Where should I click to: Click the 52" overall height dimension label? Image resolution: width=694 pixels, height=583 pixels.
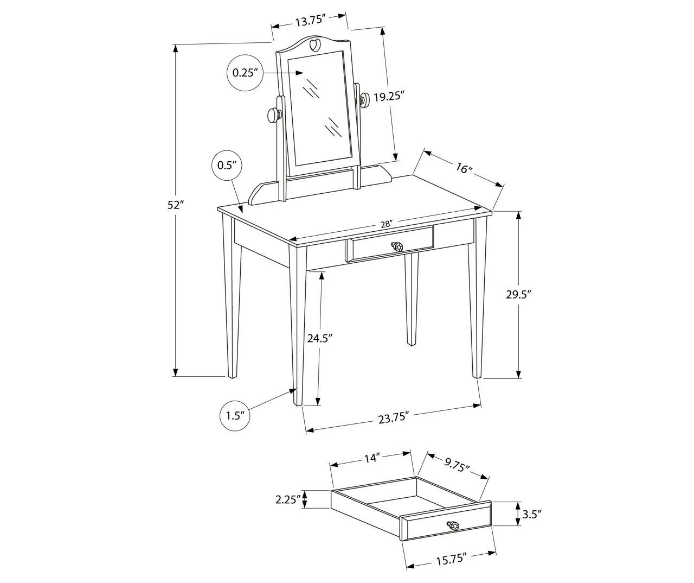(x=176, y=205)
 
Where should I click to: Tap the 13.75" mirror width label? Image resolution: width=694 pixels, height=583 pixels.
(x=310, y=21)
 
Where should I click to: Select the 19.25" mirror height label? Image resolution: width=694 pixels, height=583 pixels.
(x=389, y=97)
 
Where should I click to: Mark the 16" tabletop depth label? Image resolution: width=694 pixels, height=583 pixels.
(x=464, y=168)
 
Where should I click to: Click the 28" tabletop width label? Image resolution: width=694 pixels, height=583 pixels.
(x=387, y=223)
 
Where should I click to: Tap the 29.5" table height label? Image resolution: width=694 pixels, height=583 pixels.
(x=518, y=295)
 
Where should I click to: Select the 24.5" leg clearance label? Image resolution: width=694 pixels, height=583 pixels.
(x=320, y=339)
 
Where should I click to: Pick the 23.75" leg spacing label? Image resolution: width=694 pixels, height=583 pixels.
(x=393, y=417)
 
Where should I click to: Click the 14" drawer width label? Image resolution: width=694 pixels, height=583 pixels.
(x=371, y=459)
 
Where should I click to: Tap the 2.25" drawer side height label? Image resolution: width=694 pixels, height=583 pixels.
(x=287, y=499)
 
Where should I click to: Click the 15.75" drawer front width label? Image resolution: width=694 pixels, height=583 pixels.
(x=451, y=559)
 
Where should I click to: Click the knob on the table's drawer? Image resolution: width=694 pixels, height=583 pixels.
(x=398, y=247)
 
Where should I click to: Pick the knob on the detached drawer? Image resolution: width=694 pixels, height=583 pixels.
(x=453, y=526)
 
